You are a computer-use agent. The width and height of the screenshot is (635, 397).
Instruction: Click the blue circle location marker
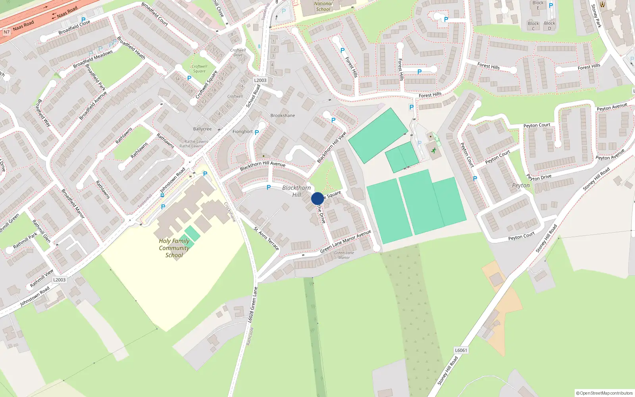tap(317, 198)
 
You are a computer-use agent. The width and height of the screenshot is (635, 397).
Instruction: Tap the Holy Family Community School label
tap(174, 248)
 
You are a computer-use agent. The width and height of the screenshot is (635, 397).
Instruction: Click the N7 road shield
tap(6, 32)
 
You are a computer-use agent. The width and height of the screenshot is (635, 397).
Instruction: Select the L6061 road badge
tap(461, 350)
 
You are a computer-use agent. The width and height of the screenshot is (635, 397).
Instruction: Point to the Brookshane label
tap(283, 116)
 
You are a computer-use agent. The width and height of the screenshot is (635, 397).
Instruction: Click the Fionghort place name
tap(242, 131)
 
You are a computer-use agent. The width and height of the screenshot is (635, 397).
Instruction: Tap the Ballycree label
tap(202, 129)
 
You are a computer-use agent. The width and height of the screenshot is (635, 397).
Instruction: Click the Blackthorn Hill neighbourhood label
tap(296, 191)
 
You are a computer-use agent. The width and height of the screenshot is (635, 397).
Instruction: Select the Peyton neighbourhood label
tap(521, 185)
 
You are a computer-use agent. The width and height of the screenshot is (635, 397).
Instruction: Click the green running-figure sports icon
tap(433, 151)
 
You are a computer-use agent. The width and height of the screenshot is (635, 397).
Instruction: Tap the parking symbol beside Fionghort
tap(257, 133)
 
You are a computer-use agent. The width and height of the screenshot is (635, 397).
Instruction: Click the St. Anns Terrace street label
tap(266, 238)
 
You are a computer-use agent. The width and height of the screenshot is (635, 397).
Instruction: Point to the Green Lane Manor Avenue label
tap(345, 241)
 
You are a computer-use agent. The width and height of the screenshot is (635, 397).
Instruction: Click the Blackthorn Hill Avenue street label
tap(262, 166)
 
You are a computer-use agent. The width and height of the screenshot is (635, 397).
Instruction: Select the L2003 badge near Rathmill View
tap(59, 280)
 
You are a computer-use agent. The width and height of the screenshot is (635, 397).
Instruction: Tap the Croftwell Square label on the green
tap(199, 69)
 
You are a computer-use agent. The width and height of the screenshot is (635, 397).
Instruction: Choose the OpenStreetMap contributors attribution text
tap(604, 393)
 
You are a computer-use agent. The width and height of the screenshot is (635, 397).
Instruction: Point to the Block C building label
tap(533, 26)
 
